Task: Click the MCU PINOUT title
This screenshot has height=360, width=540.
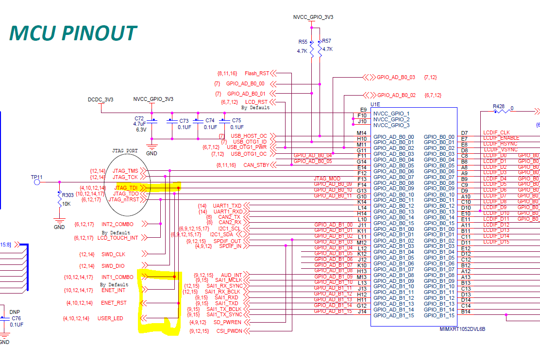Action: pyautogui.click(x=73, y=33)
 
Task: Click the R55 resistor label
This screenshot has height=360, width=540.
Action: pyautogui.click(x=303, y=42)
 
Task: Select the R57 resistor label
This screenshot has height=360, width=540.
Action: pyautogui.click(x=327, y=41)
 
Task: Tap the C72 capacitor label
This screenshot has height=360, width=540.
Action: pyautogui.click(x=139, y=118)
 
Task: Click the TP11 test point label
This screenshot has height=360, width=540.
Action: pyautogui.click(x=36, y=177)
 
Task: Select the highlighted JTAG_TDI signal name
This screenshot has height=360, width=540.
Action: pyautogui.click(x=126, y=188)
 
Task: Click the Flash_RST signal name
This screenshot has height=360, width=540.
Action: pyautogui.click(x=257, y=73)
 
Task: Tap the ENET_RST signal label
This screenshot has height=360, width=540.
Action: pyautogui.click(x=114, y=303)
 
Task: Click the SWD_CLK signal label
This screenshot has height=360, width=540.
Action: pyautogui.click(x=114, y=254)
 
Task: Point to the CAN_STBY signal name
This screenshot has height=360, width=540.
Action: pyautogui.click(x=256, y=165)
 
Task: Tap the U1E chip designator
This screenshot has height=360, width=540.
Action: pyautogui.click(x=375, y=104)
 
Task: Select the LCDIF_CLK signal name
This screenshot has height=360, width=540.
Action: pyautogui.click(x=496, y=132)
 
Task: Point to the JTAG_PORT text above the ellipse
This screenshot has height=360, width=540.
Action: pyautogui.click(x=126, y=151)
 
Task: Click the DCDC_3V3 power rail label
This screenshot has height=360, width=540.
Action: pyautogui.click(x=101, y=99)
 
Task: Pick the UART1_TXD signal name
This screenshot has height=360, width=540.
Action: pyautogui.click(x=227, y=206)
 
